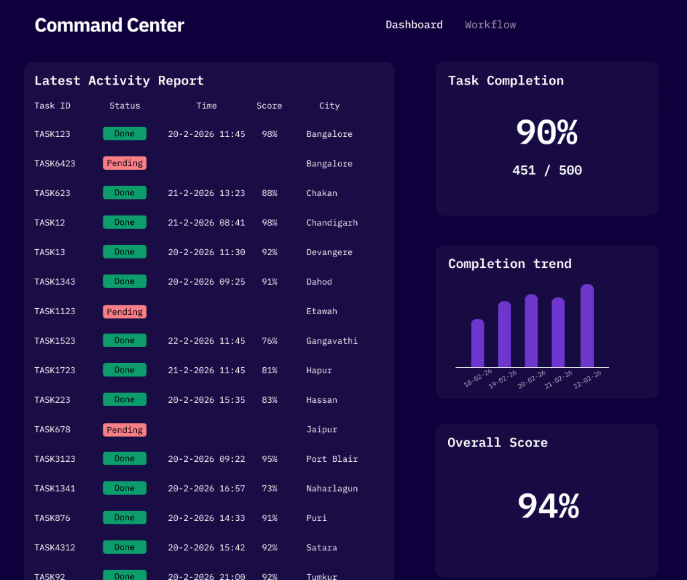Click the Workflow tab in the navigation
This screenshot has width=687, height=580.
point(490,25)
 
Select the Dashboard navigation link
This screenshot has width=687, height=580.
point(414,25)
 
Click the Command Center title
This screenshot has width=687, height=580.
point(109,26)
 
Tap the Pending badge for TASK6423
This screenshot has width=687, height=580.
point(125,163)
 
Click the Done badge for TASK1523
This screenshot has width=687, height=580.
point(125,340)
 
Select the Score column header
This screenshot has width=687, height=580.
point(269,105)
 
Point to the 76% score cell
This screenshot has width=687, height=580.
point(270,340)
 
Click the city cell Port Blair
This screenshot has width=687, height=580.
point(332,458)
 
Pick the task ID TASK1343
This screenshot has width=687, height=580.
point(55,281)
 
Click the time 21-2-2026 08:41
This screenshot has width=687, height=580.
point(207,222)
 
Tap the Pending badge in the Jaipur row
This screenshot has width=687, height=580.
point(125,430)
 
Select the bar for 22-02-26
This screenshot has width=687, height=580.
point(587,326)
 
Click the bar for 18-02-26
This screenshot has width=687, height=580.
point(478,343)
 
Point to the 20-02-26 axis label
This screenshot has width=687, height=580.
point(531,379)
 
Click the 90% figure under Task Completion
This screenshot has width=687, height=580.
point(547,132)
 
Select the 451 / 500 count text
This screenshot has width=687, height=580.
point(547,170)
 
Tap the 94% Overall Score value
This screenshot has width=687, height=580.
point(548,506)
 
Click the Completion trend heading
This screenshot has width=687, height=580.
point(510,264)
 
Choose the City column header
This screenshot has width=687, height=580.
point(329,105)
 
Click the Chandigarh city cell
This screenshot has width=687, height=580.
point(332,222)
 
